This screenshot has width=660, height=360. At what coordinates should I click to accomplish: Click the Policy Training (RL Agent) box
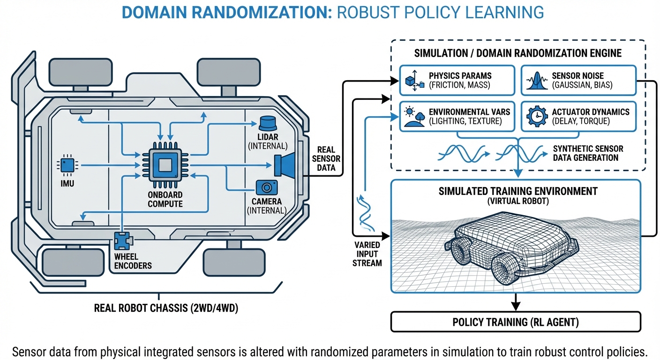(516, 322)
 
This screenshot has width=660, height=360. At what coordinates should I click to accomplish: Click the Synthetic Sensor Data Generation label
(588, 153)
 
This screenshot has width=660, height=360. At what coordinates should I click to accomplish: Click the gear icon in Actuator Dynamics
(537, 116)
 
